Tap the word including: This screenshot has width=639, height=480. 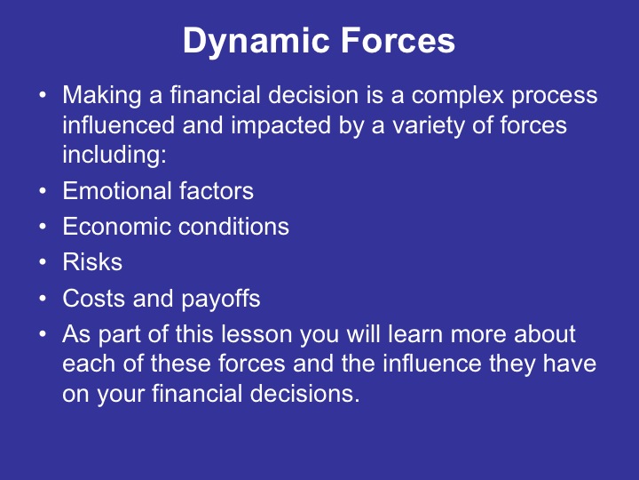[x=106, y=154]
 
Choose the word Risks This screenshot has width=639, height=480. [x=92, y=262]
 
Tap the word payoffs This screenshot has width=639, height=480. [x=220, y=299]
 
